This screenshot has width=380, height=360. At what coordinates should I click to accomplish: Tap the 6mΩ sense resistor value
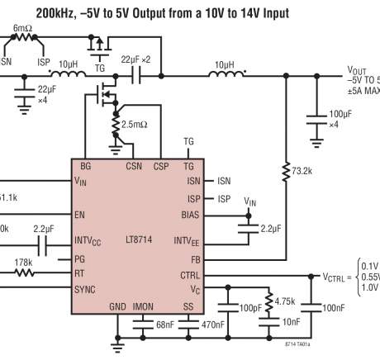pyautogui.click(x=21, y=28)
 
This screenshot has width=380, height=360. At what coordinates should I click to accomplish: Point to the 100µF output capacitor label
pyautogui.click(x=340, y=115)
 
